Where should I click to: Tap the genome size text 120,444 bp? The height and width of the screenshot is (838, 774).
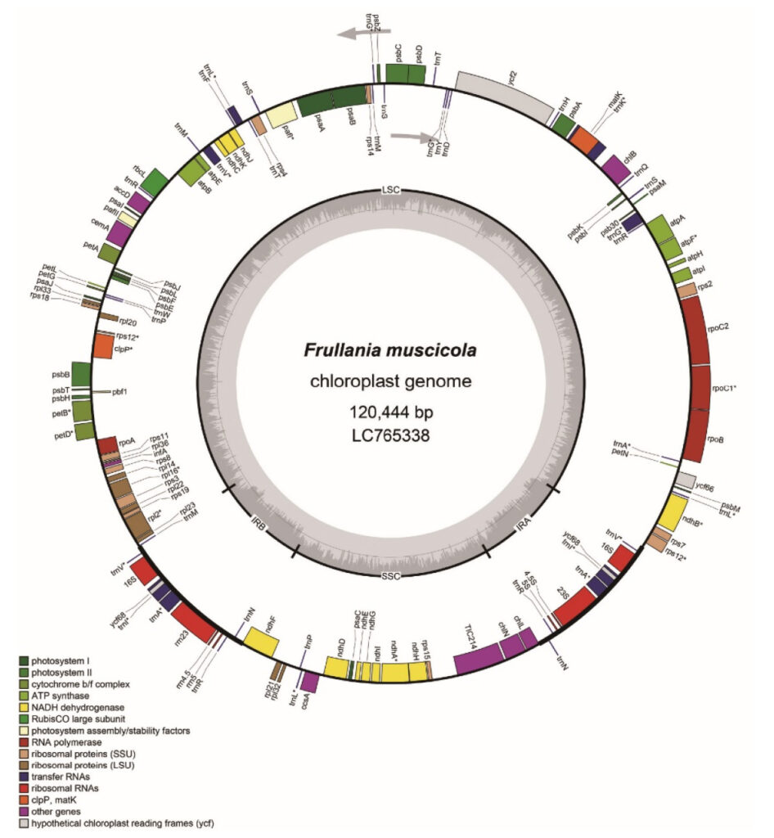(x=389, y=409)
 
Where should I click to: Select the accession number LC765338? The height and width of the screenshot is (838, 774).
(x=389, y=435)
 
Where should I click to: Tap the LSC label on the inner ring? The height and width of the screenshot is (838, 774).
(x=389, y=190)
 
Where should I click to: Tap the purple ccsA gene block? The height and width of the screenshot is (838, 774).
(x=309, y=681)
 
